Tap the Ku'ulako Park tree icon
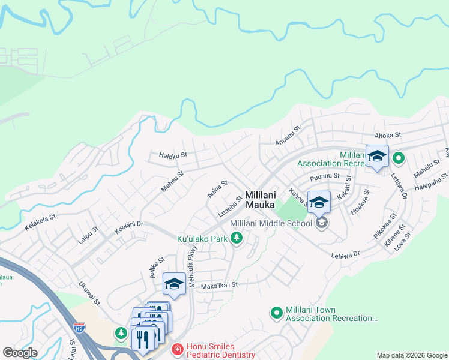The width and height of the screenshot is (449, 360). [x=237, y=239]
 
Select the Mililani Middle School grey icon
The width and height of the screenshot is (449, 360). [x=322, y=223]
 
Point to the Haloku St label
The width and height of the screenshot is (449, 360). [x=173, y=155]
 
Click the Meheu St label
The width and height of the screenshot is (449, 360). [x=172, y=181]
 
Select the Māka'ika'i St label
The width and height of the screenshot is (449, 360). [x=220, y=286]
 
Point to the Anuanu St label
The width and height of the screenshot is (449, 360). [x=286, y=140]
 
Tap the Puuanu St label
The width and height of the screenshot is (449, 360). [x=325, y=178]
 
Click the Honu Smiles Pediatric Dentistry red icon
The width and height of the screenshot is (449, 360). [x=177, y=349]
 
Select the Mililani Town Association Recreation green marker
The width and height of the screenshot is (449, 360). [x=276, y=312]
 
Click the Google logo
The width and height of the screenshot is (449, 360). [x=20, y=353]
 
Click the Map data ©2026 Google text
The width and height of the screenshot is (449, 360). [x=411, y=355]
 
